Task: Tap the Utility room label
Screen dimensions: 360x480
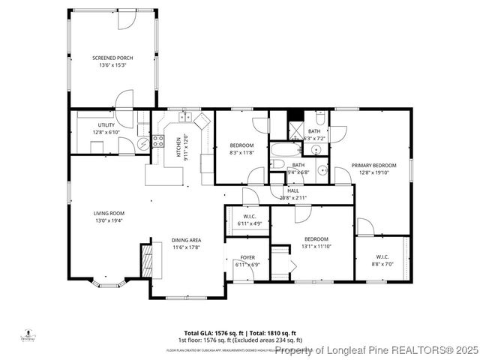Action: point(105,125)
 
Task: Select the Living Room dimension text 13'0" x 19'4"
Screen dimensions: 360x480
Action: point(109,220)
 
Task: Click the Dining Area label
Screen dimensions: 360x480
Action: point(187,240)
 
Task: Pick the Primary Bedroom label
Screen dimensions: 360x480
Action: point(373,165)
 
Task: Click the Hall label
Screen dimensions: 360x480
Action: point(292,190)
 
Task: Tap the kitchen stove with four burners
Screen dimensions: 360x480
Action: point(158,139)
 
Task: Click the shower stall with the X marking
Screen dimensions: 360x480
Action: point(295,116)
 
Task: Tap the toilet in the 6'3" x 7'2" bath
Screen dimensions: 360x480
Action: point(319,118)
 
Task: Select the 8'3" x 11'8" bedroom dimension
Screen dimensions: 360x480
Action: point(241,152)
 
